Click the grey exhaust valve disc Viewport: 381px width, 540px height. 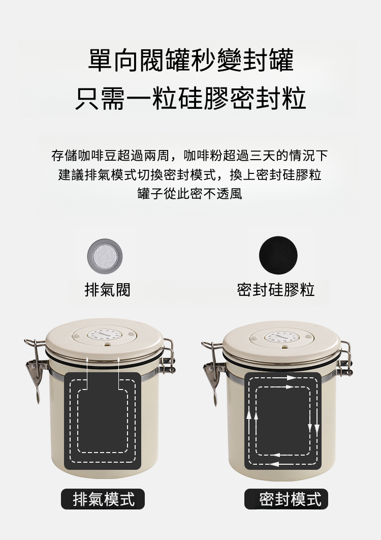(105, 256)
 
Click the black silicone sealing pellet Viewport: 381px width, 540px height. (278, 255)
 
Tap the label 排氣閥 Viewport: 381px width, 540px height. (107, 290)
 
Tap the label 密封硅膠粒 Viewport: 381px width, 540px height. (276, 290)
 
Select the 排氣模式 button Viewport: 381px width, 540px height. (103, 499)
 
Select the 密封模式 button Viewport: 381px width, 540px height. (286, 499)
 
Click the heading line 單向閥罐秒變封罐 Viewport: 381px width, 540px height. (190, 61)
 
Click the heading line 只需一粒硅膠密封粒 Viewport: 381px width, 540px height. (190, 99)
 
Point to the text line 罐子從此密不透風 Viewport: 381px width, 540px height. (189, 194)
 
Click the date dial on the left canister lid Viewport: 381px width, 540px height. (104, 335)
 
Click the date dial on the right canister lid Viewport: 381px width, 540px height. (281, 337)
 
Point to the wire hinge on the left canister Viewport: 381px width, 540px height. (168, 357)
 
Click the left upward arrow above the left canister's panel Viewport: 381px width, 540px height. (87, 373)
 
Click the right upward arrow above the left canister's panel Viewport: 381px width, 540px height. (118, 373)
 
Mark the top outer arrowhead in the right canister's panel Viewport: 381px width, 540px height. (291, 378)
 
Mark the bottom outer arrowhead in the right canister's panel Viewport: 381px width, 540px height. (274, 464)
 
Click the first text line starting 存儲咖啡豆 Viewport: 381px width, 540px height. (189, 155)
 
